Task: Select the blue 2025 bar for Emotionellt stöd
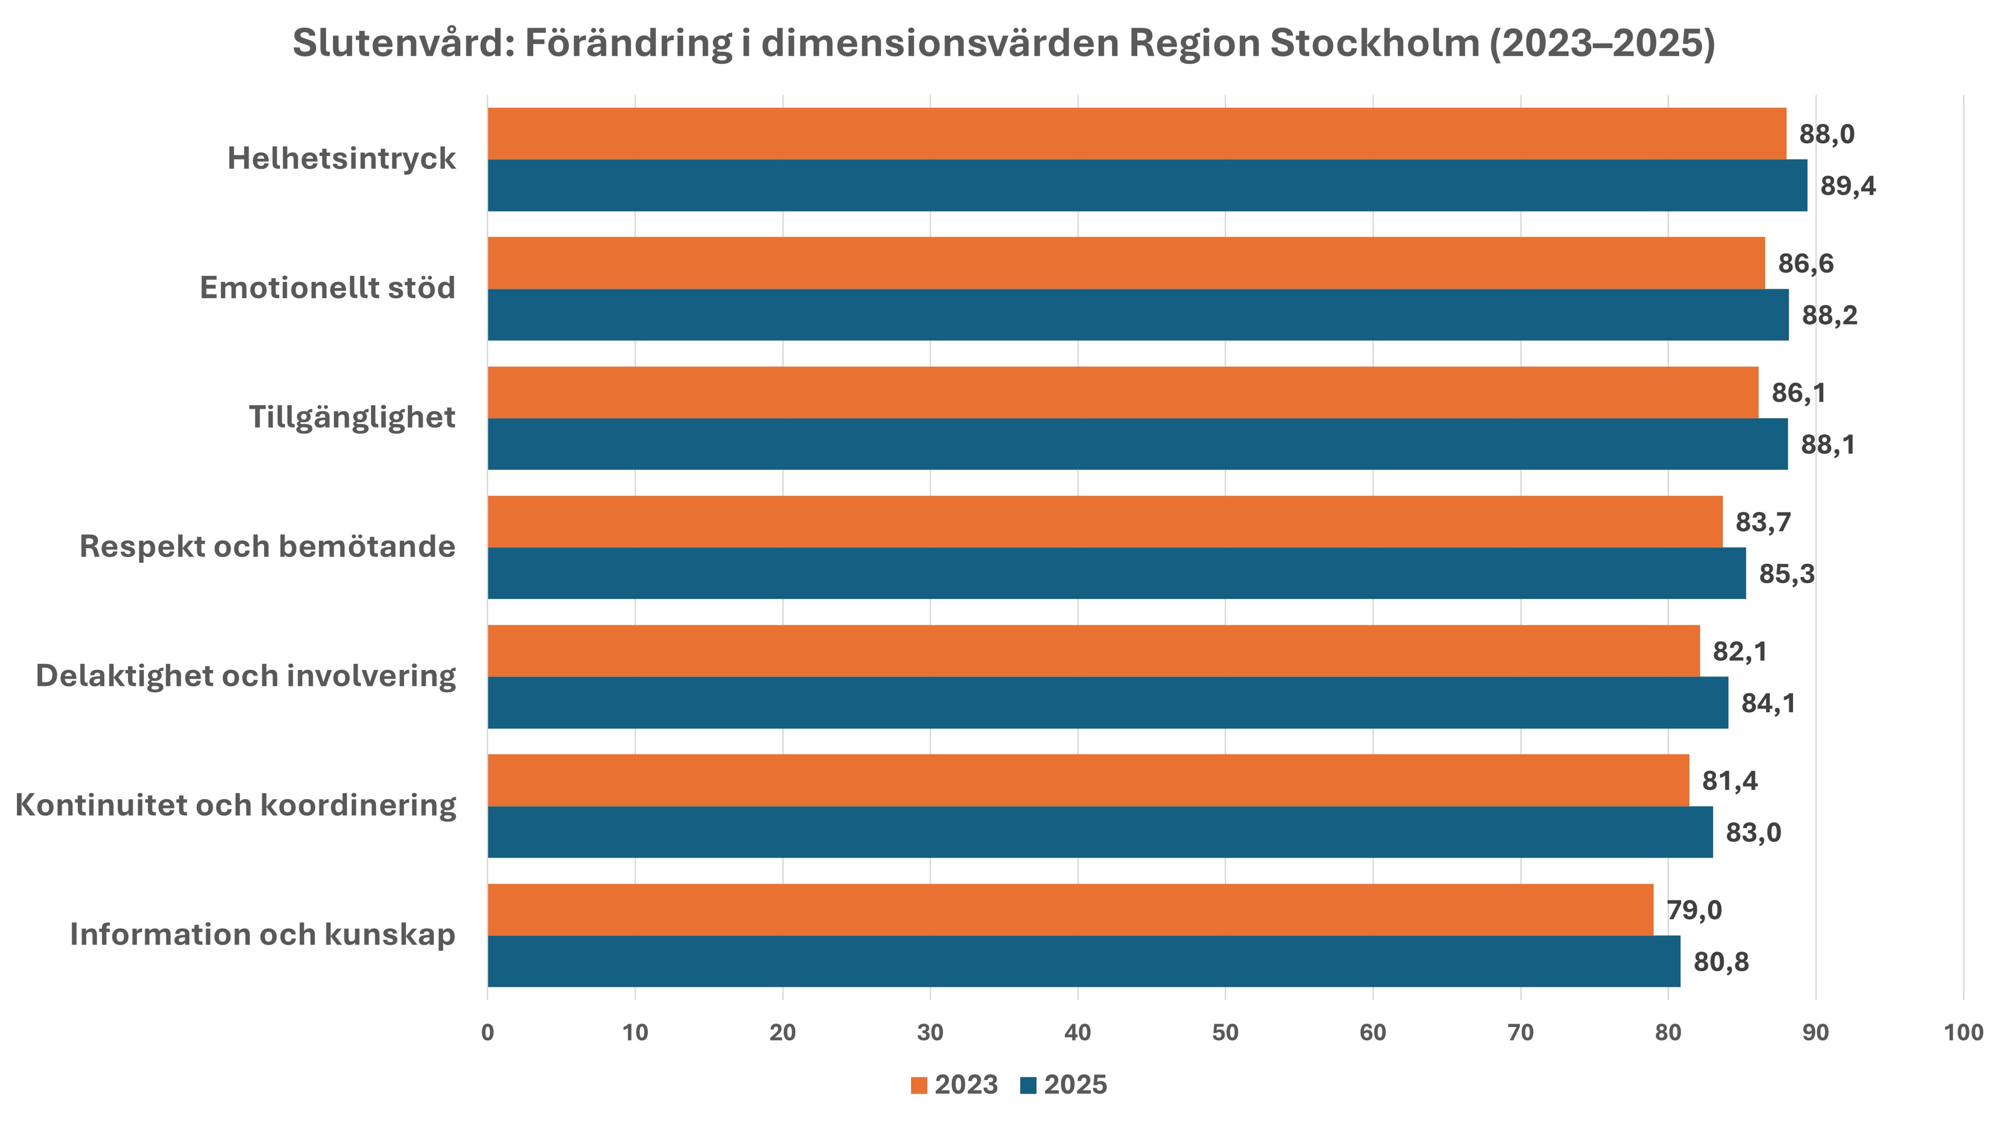tap(1137, 315)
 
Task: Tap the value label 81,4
tap(1730, 781)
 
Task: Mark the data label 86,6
tap(1805, 263)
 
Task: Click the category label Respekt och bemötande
tap(267, 547)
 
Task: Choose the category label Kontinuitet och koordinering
tap(235, 805)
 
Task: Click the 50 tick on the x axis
tap(1225, 1033)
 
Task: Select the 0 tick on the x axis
tap(488, 1033)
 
